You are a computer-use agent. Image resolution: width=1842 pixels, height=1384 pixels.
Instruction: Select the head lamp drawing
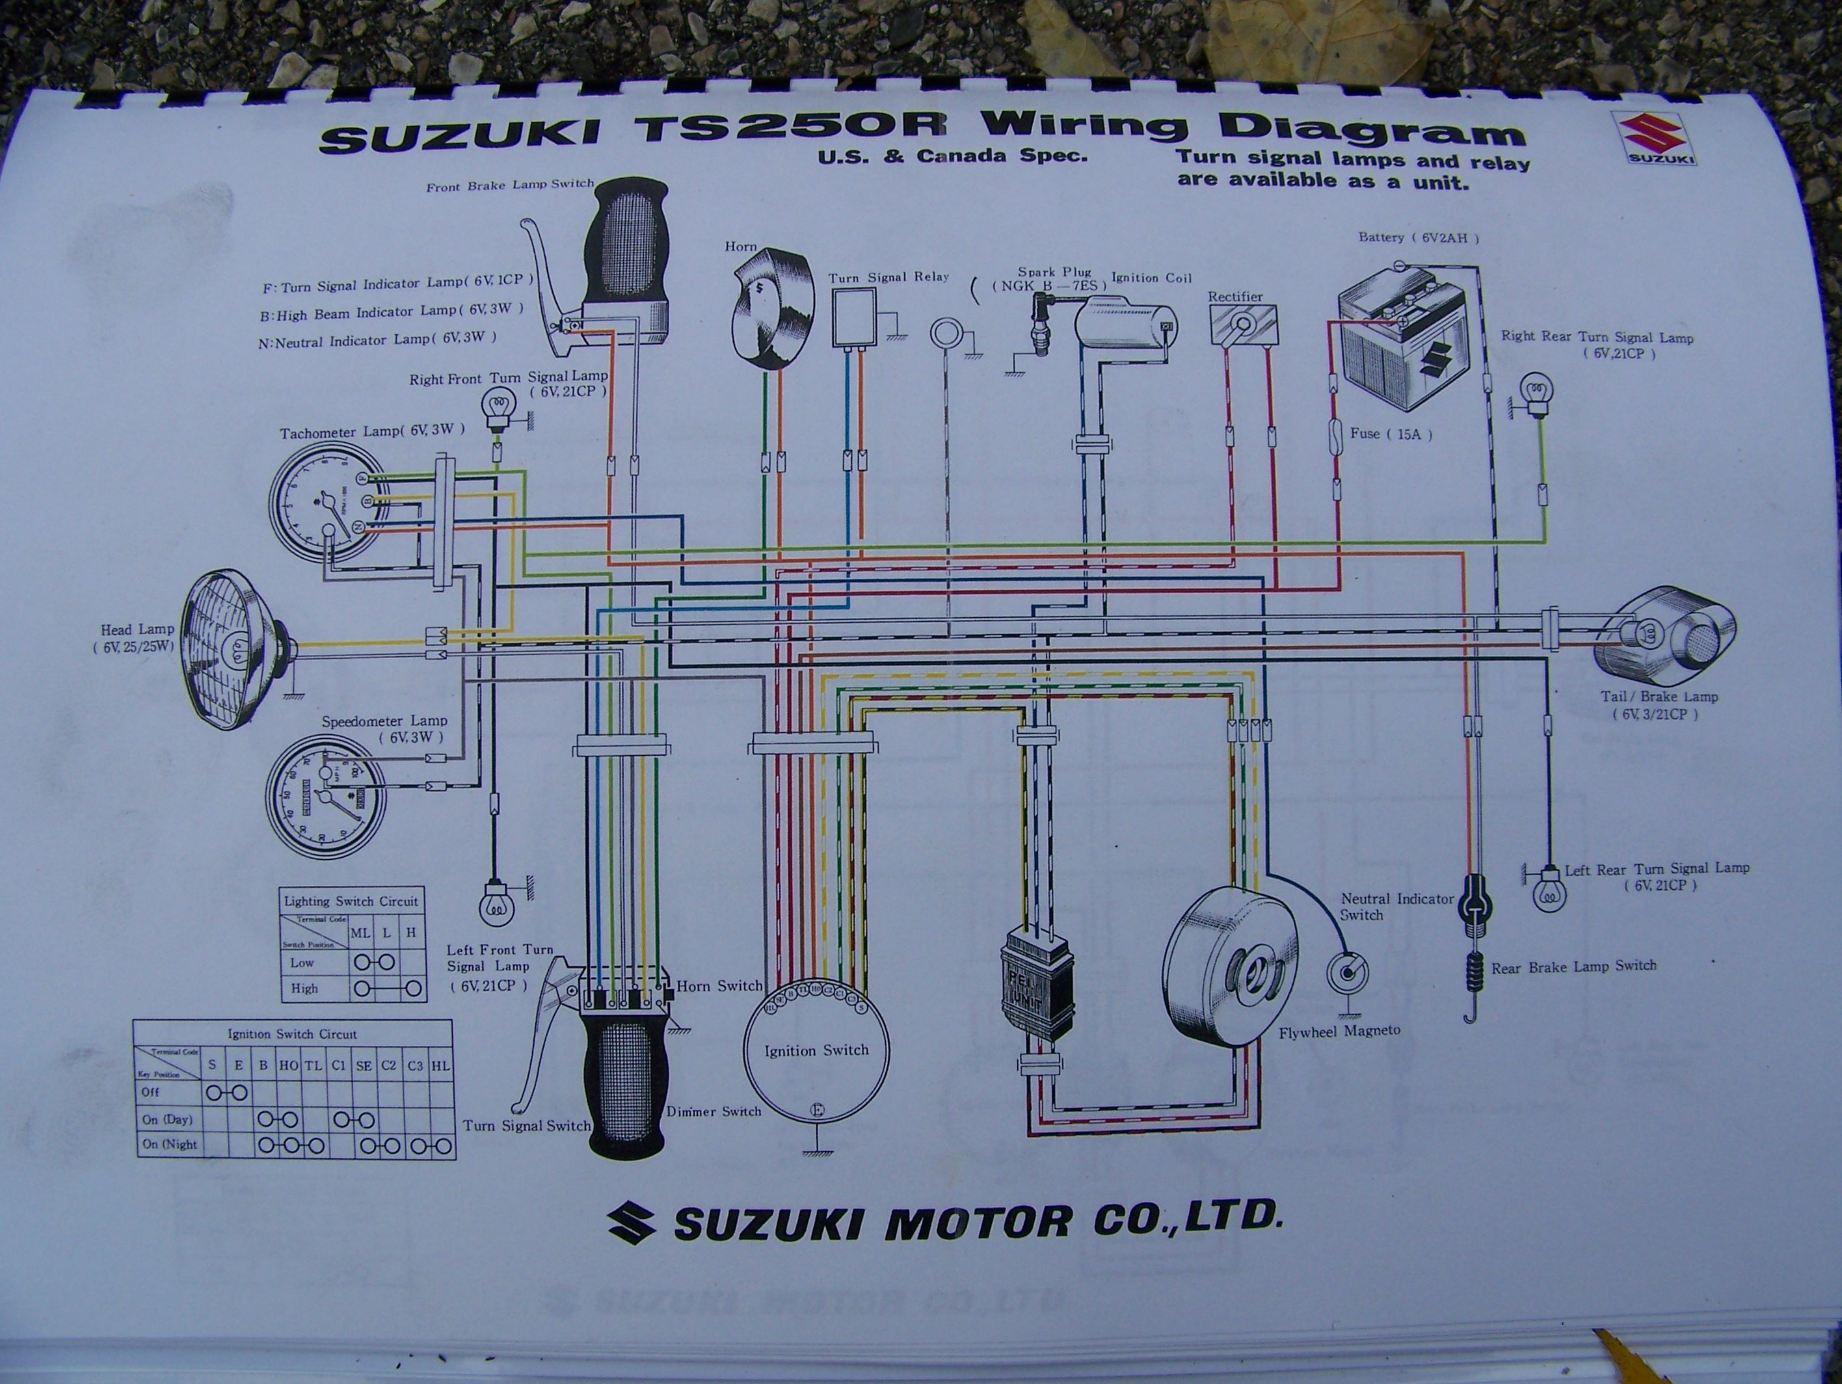pos(235,648)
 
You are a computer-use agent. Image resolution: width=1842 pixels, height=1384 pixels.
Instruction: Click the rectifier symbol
pos(1242,324)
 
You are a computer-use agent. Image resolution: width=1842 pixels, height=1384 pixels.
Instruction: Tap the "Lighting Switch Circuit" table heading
pos(351,900)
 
